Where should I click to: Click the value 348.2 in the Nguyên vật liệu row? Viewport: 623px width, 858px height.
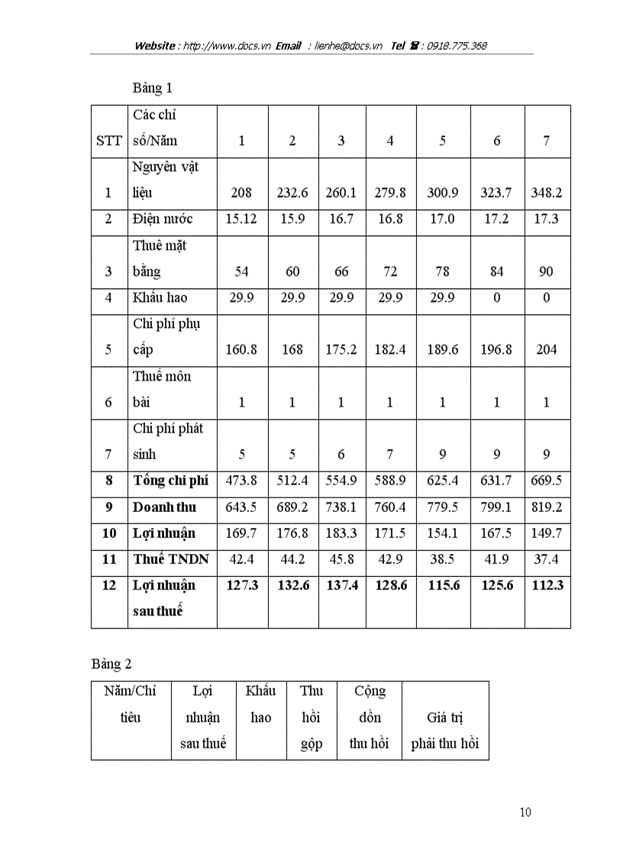[x=547, y=193]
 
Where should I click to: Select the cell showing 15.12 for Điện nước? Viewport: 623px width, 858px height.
[x=241, y=219]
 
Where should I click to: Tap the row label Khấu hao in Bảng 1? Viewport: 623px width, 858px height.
[x=160, y=298]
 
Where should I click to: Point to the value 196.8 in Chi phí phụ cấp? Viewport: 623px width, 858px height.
[x=496, y=350]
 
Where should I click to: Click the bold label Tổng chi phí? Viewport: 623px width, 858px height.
[x=170, y=481]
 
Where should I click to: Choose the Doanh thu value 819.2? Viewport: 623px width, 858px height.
[x=547, y=507]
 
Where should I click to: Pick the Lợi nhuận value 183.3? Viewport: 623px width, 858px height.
[x=341, y=533]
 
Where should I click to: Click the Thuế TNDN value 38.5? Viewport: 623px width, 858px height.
[x=442, y=560]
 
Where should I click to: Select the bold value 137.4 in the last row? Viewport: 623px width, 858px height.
[x=341, y=586]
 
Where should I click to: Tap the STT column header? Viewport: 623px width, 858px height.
[x=108, y=141]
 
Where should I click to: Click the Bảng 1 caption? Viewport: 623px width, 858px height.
[x=153, y=88]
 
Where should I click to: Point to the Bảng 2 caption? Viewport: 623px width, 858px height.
[x=111, y=664]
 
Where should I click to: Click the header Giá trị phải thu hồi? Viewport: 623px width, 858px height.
[x=445, y=730]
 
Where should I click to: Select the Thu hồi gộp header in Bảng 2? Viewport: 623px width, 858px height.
[x=311, y=717]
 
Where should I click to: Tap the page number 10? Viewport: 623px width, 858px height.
[x=525, y=812]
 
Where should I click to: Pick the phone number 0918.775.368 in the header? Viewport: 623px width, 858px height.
[x=456, y=46]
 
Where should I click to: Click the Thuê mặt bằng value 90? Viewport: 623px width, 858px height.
[x=547, y=272]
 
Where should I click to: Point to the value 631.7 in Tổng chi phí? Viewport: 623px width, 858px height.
[x=496, y=481]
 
